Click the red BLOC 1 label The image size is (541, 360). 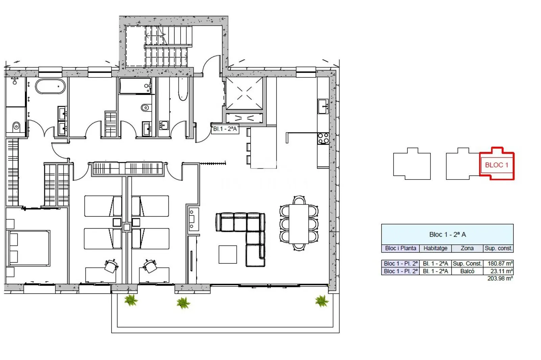[x=497, y=165]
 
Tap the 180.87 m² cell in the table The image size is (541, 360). [x=498, y=264]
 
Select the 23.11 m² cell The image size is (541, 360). [x=498, y=271]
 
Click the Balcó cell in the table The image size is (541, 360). [x=467, y=271]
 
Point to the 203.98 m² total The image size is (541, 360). [x=500, y=279]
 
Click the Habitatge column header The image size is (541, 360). [x=436, y=248]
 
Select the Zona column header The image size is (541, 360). [x=467, y=248]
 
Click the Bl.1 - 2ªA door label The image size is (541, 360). [x=225, y=129]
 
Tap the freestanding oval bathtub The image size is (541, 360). [x=50, y=86]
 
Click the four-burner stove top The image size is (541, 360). [x=323, y=139]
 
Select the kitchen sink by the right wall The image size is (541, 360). [x=323, y=106]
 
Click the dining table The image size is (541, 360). [x=299, y=224]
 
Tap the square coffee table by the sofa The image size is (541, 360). [x=228, y=255]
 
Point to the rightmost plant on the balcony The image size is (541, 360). [x=322, y=301]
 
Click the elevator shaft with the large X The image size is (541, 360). [x=244, y=93]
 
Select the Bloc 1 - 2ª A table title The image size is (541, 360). [x=448, y=235]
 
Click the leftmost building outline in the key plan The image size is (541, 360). [x=412, y=164]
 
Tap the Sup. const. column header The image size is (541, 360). [x=498, y=248]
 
